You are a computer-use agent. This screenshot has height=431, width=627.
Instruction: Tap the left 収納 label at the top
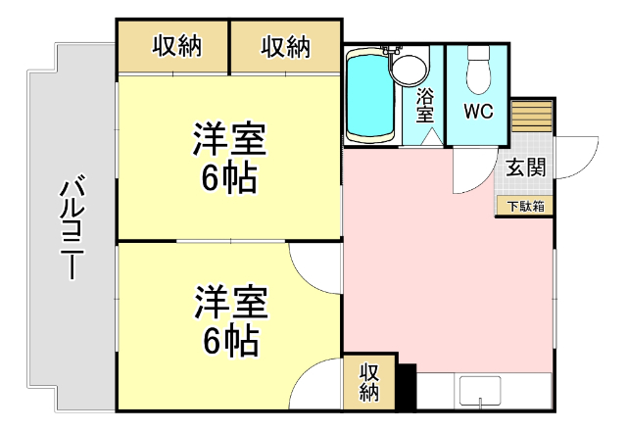pos(177,46)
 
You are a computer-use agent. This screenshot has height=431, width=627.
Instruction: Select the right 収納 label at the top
pos(286,46)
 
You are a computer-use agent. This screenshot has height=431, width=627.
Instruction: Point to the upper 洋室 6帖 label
pos(229,158)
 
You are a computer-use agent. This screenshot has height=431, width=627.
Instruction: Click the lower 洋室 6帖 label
pos(229,320)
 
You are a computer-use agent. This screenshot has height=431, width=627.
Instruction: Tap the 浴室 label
pos(425,106)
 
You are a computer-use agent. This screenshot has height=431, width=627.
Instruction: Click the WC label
pos(477,109)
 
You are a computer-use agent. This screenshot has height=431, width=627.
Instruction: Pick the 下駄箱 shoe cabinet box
pos(525,206)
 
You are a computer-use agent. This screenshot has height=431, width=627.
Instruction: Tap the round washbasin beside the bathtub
pos(410,69)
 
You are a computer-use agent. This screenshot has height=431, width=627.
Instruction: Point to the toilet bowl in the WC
pos(478,70)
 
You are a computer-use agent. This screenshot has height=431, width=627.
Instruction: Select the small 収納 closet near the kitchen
pos(368,383)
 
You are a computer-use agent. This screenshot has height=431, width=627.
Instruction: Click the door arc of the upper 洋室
pos(316,264)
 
